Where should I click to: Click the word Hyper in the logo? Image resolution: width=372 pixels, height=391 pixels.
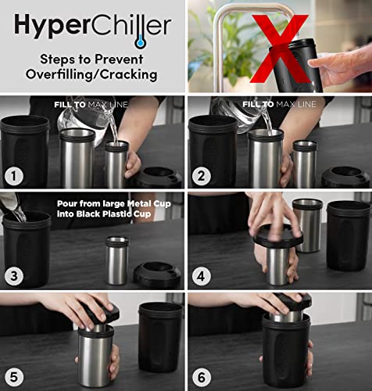[x=48, y=27]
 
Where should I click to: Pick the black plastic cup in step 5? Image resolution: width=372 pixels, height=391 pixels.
[x=160, y=336]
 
